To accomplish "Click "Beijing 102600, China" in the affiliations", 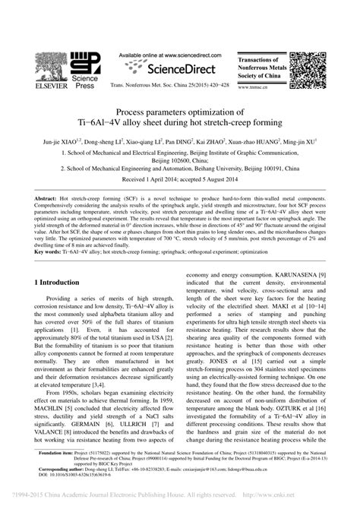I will [180, 160].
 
